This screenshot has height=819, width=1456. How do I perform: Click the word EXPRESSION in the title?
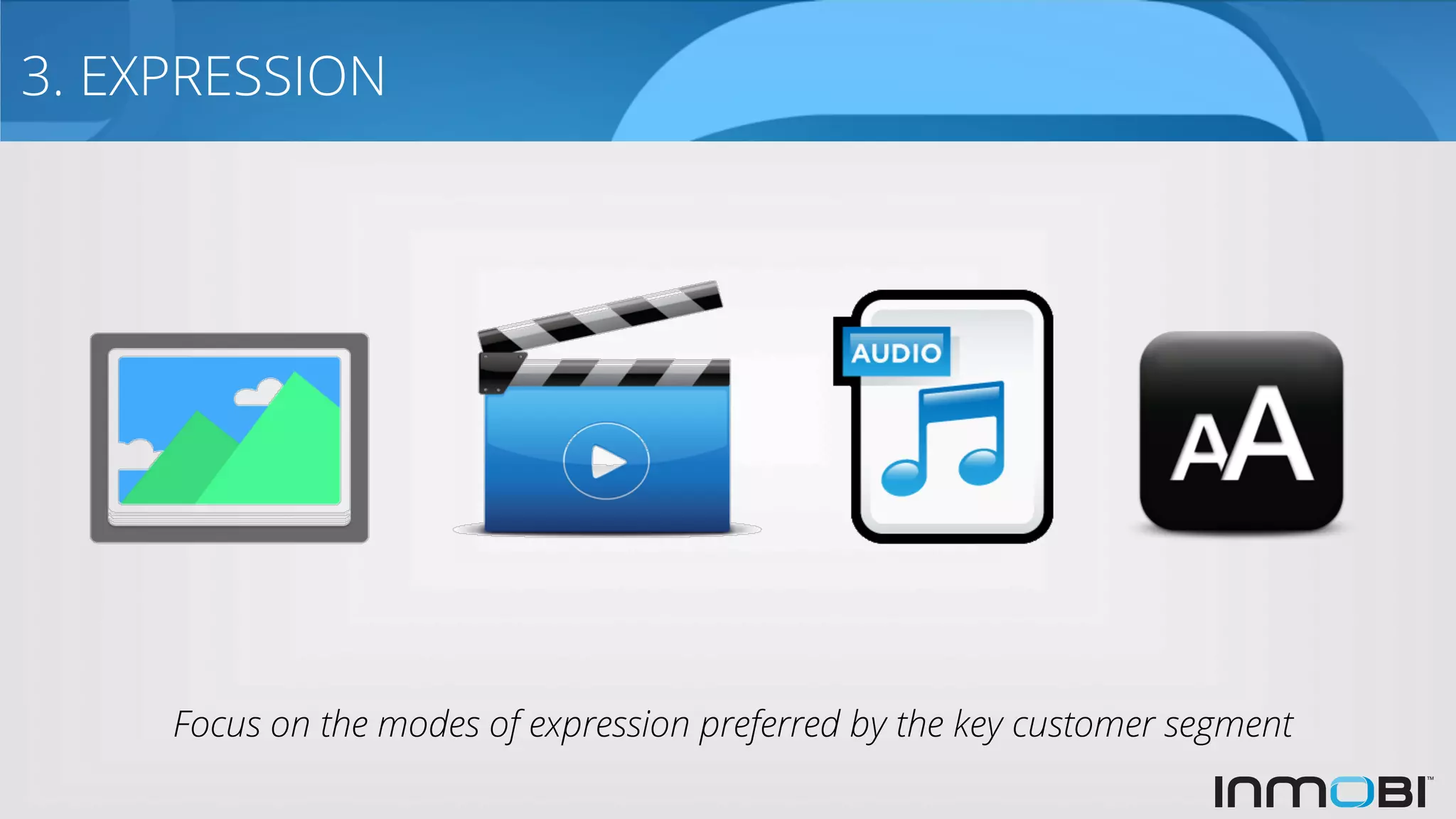[232, 76]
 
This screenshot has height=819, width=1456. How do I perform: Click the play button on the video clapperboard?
[606, 461]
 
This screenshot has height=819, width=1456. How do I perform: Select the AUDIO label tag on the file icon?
[896, 353]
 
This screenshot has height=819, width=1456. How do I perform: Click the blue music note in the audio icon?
[946, 441]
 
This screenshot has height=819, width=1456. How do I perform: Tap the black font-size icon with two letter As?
[1241, 431]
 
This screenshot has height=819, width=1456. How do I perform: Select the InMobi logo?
[1322, 791]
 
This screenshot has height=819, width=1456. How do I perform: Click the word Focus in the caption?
[218, 725]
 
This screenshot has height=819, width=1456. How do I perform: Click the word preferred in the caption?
[769, 725]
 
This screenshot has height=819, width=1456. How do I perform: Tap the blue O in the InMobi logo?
[1351, 792]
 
